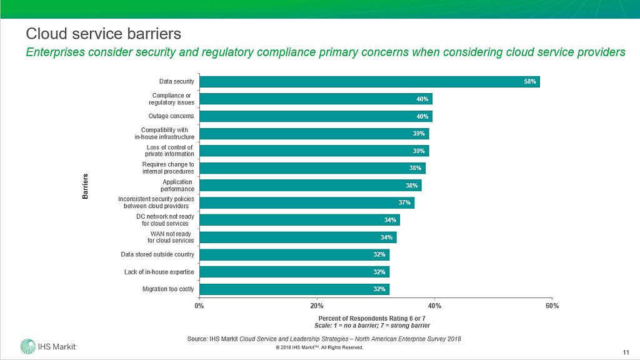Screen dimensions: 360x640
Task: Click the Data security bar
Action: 369,82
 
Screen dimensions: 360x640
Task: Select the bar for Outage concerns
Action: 316,116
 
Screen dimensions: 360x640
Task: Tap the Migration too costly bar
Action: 294,289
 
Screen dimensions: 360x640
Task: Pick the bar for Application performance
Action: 310,186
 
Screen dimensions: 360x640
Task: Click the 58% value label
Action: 530,82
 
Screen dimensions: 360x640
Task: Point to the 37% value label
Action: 404,202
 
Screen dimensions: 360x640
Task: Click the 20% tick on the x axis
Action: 317,306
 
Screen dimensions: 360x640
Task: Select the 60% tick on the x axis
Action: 552,306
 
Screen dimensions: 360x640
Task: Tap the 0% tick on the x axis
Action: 199,306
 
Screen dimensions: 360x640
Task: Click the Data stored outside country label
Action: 157,254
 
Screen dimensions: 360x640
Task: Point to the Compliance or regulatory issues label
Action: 171,99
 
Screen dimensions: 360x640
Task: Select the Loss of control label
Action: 169,151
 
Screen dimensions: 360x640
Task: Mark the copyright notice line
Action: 319,347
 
